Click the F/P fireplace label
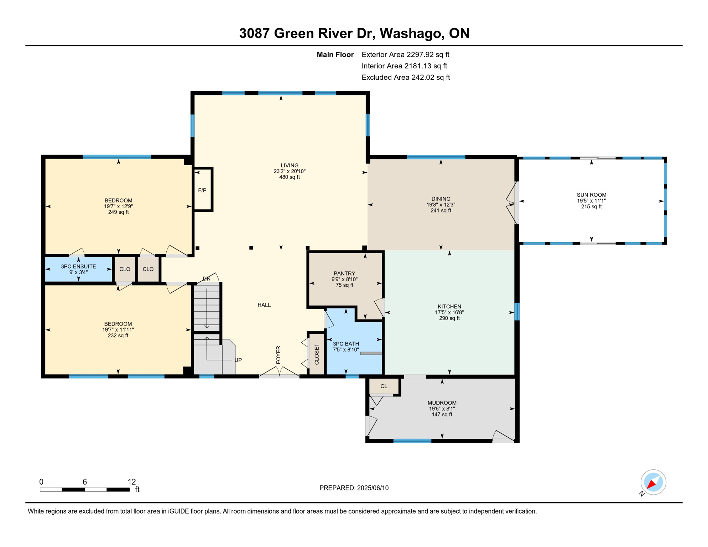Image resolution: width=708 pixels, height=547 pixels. [202, 191]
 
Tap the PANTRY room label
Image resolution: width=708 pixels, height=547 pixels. [344, 273]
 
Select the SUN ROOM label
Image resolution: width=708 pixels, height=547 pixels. [592, 195]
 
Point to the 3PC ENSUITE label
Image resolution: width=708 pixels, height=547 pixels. [78, 266]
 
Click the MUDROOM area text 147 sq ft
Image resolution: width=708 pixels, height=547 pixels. [442, 415]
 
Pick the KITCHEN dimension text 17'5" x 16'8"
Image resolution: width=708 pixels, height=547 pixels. [449, 312]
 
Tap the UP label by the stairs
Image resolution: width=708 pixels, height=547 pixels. [238, 360]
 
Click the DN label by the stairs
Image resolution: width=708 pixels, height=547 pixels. [207, 278]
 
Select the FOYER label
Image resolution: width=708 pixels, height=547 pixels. [278, 355]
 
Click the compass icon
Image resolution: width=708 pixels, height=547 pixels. [653, 482]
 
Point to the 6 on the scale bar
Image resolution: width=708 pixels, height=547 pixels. [85, 482]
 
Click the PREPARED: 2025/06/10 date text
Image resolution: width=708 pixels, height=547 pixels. [354, 488]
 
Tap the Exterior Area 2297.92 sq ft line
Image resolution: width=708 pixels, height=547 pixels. [405, 54]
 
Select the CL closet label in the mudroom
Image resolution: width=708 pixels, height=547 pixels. [384, 386]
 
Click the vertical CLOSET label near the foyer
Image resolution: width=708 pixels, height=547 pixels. [317, 354]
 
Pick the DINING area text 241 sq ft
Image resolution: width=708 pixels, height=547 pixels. [441, 210]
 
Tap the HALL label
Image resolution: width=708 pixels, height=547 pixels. [264, 305]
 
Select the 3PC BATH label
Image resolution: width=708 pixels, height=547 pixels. [346, 344]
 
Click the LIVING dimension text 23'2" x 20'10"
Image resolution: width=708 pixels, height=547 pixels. [290, 171]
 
